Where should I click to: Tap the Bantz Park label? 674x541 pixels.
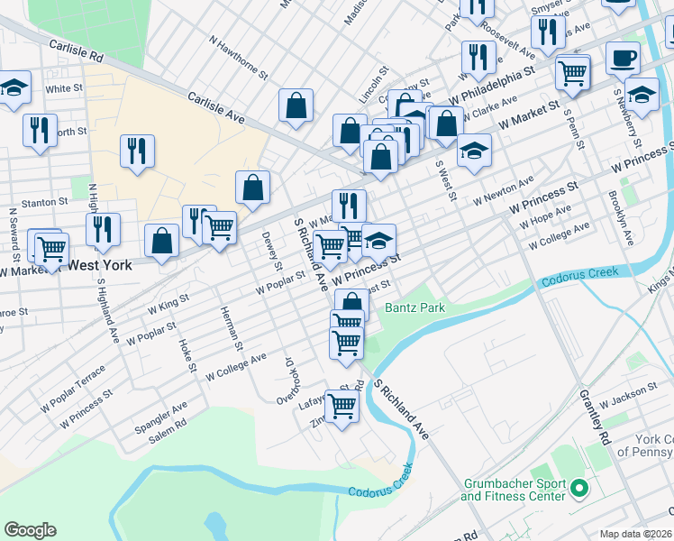click(x=415, y=307)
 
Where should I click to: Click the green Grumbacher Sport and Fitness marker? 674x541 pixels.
click(x=579, y=491)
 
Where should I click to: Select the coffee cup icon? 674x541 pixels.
click(x=623, y=60)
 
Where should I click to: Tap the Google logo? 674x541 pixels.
click(x=30, y=530)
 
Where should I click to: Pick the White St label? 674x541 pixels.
click(x=64, y=89)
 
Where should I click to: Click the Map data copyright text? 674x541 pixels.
click(x=635, y=534)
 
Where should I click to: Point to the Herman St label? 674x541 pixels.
click(x=232, y=328)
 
